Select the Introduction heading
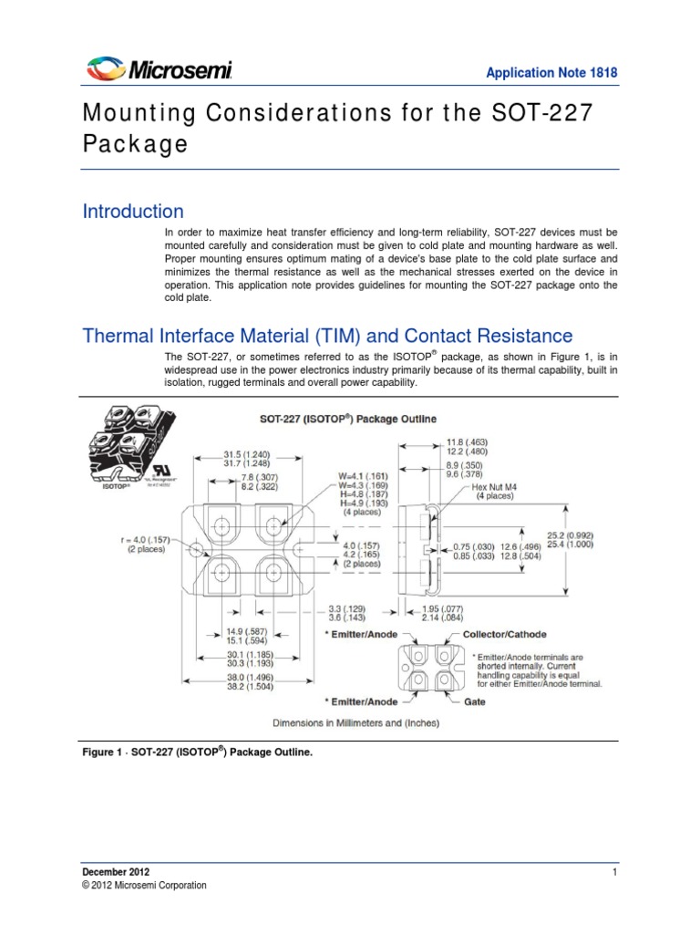click(x=133, y=212)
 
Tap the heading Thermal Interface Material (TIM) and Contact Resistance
click(x=327, y=336)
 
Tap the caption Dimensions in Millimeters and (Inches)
click(x=355, y=723)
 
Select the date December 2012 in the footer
click(x=115, y=873)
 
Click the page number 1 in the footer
click(x=616, y=873)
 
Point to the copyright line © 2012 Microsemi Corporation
click(x=144, y=886)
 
